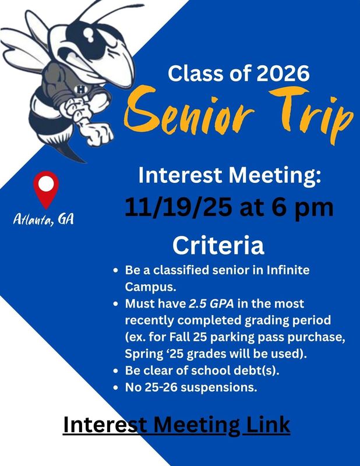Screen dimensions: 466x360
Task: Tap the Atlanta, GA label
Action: (44, 220)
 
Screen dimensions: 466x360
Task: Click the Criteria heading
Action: (218, 245)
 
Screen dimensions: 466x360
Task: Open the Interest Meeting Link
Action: (176, 424)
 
